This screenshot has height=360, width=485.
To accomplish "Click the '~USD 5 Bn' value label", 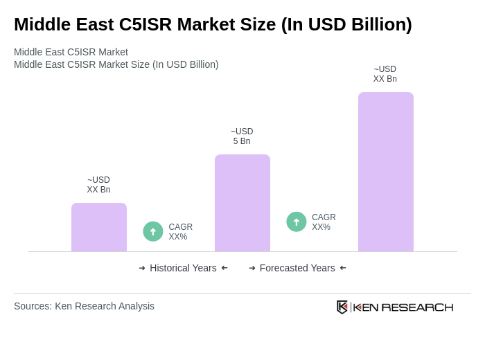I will (242, 136).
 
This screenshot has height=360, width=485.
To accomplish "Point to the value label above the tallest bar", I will (385, 74).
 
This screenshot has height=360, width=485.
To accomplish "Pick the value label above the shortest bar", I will (98, 185).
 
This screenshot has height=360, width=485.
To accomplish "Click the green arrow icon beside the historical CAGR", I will (153, 231).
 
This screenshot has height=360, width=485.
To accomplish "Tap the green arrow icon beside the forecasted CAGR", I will (297, 222).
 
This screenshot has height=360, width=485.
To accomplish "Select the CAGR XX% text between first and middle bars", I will (180, 232).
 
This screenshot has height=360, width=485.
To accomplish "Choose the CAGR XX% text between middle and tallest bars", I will (324, 222).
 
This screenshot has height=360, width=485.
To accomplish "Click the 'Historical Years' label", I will (183, 268).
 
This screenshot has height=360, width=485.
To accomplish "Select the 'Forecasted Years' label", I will (297, 268).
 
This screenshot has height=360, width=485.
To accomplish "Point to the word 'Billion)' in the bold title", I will (380, 24).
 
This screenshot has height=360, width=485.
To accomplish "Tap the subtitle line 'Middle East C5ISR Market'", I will (71, 52).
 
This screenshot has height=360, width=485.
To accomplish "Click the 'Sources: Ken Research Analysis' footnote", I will (84, 306).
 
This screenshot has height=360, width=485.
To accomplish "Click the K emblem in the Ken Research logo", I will (342, 307).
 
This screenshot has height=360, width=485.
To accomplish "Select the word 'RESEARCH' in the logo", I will (417, 307).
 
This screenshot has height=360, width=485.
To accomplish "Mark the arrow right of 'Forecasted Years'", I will (343, 268).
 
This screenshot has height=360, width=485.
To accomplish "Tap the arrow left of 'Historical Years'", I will (142, 268).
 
